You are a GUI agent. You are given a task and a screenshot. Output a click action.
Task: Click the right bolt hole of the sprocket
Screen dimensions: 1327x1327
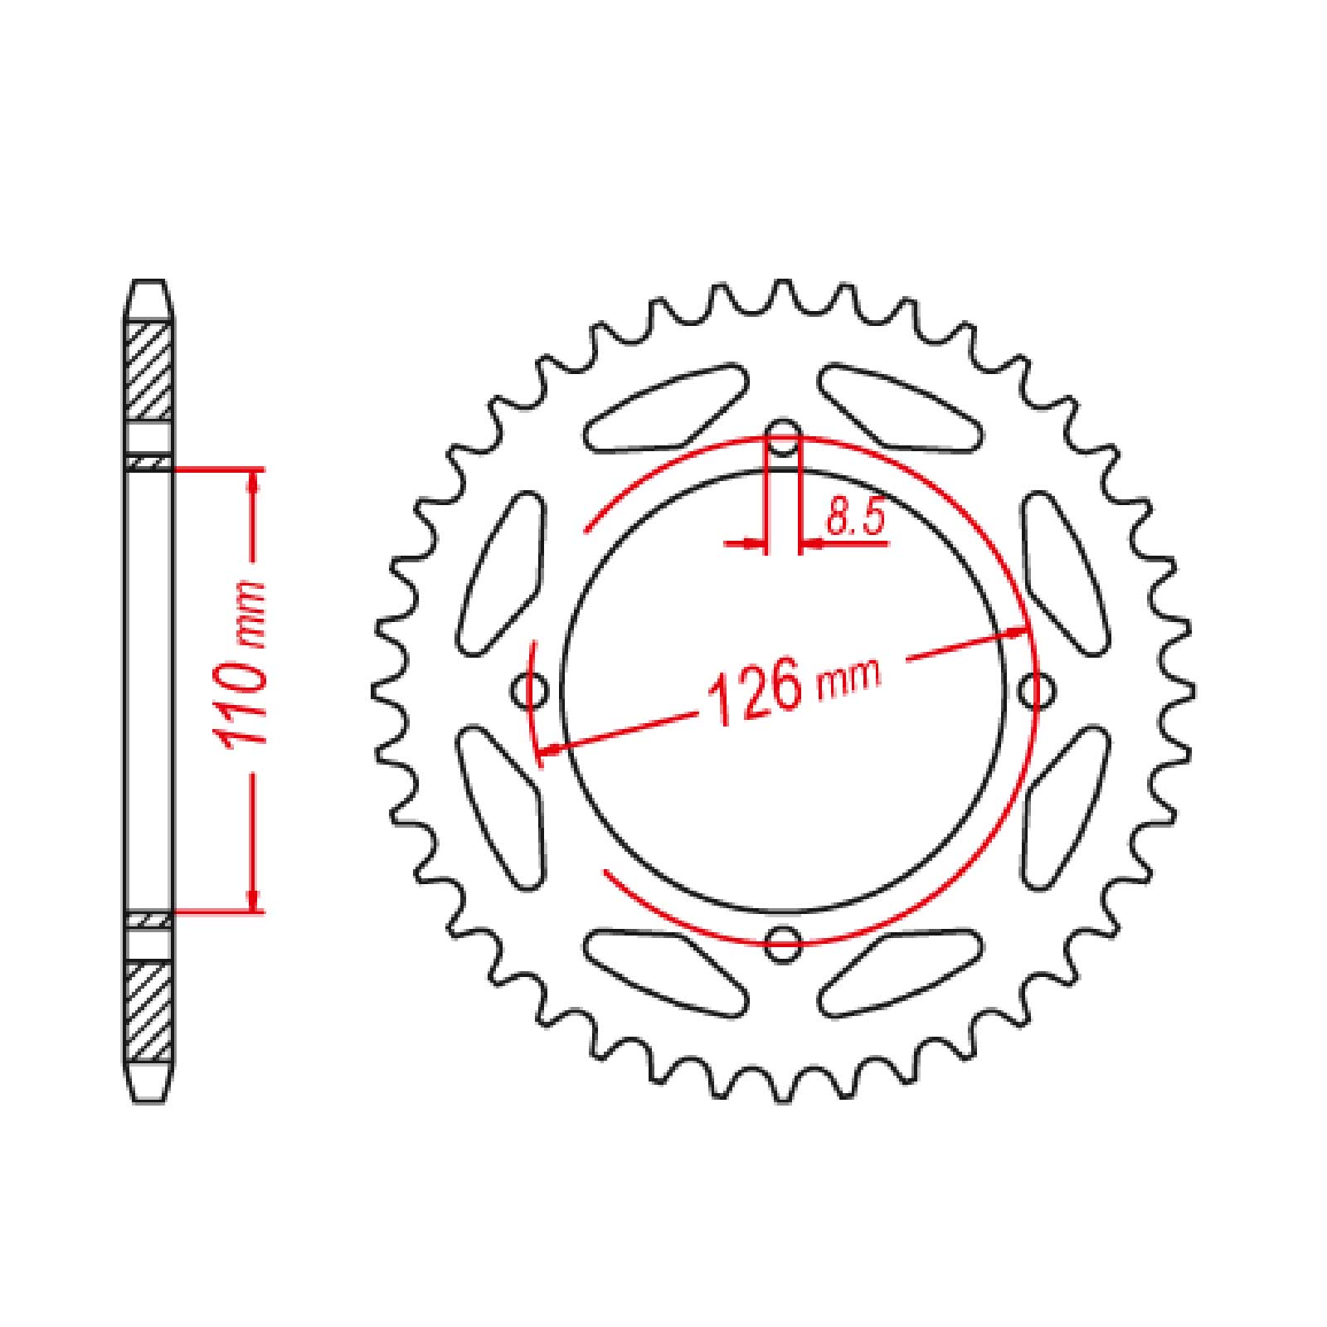(1035, 690)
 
